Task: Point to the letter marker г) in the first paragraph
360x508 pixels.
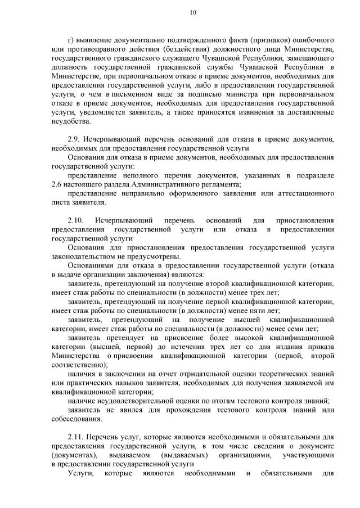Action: [x=70, y=41]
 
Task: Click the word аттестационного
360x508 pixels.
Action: [x=304, y=193]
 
